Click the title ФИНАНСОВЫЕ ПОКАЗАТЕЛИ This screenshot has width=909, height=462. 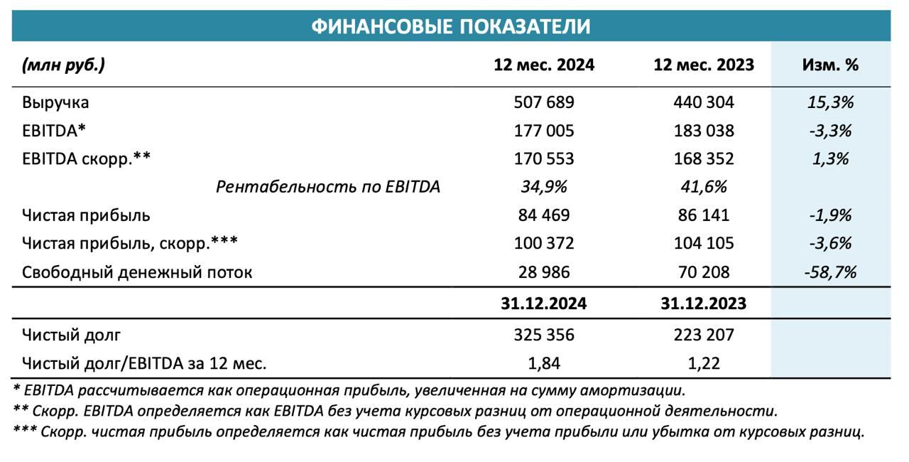[451, 27]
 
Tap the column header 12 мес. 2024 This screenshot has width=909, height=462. [544, 65]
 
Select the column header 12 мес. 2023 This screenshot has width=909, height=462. [703, 65]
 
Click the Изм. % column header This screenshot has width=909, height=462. [830, 65]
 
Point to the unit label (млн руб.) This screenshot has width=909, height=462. [63, 65]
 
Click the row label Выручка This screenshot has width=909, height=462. [55, 102]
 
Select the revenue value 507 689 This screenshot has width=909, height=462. [544, 102]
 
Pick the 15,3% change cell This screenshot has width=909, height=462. [830, 102]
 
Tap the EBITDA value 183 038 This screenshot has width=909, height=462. [703, 131]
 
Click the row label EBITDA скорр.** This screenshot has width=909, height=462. [87, 159]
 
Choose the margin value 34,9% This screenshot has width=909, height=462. [544, 187]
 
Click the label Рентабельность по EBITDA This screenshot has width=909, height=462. [328, 187]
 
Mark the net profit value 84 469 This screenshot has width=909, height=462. [544, 215]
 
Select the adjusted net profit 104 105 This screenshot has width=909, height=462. [703, 244]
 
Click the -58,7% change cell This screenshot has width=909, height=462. [830, 272]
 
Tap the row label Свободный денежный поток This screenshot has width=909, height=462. [137, 272]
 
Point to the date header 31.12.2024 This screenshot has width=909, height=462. [544, 303]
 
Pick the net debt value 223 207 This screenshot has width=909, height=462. [703, 334]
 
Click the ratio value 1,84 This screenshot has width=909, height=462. [544, 363]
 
